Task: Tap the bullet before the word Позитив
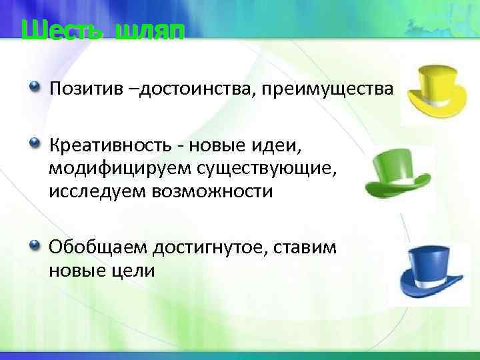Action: pos(35,88)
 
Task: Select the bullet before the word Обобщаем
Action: pos(35,247)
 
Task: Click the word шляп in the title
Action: pos(147,31)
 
